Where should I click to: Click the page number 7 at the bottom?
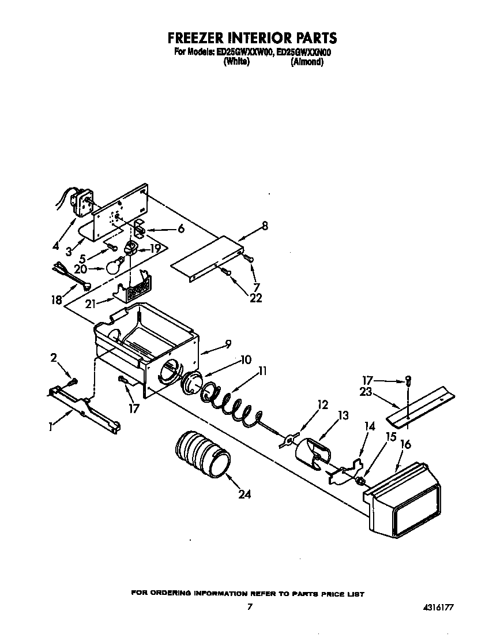249,606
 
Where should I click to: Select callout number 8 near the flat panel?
265,226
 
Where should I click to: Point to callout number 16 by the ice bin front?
405,444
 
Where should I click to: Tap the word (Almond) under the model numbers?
306,62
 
